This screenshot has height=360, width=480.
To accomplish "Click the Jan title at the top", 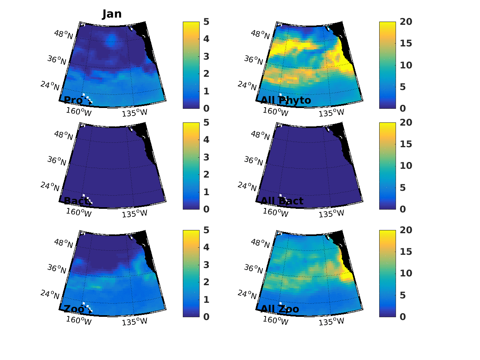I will (112, 14).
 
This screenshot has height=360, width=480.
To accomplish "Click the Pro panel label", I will (73, 100).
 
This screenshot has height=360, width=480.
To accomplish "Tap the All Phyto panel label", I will (286, 100).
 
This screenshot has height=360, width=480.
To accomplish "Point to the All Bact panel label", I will (282, 201).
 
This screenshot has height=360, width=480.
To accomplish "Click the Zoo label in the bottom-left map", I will (74, 309).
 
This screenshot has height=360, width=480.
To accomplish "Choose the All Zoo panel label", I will (280, 309).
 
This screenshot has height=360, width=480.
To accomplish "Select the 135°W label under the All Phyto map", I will (331, 112).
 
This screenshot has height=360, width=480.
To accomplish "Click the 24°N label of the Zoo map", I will (50, 294).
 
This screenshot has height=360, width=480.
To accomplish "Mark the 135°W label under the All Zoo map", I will (331, 321).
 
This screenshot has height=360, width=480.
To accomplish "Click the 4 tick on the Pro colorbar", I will (206, 39).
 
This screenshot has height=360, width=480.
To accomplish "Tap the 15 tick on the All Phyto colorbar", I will (406, 43).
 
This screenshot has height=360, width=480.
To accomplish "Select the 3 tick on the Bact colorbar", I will (206, 157).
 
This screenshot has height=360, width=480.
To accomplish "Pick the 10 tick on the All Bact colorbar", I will (406, 166).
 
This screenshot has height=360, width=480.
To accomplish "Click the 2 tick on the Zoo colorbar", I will (206, 282).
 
